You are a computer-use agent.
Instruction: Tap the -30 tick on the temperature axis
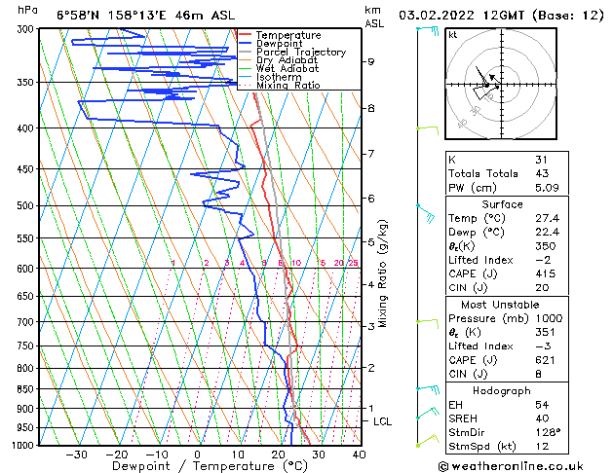pos(76,454)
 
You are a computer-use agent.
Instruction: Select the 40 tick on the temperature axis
pos(359,454)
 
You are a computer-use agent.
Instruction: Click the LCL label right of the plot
pos(383,421)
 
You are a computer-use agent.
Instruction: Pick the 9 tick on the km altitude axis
pos(371,61)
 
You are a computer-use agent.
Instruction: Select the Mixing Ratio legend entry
pos(287,86)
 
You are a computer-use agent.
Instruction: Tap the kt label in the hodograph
pos(453,34)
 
